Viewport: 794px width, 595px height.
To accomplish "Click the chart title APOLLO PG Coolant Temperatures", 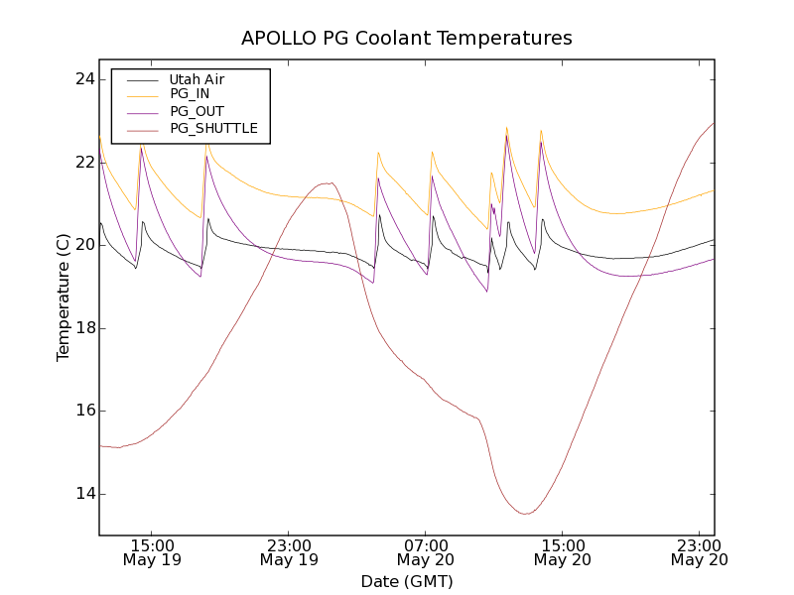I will [407, 39].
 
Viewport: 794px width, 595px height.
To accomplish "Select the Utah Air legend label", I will [197, 79].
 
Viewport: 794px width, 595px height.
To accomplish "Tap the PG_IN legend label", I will [190, 94].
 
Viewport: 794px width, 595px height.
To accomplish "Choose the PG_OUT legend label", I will [197, 111].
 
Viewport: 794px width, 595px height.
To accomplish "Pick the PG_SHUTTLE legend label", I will [213, 128].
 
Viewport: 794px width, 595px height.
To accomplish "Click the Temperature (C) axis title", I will [64, 297].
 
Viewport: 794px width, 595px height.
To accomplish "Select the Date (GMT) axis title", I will [407, 581].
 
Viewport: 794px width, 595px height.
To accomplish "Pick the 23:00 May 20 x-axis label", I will [700, 552].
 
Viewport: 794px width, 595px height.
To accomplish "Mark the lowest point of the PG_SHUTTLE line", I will [526, 514].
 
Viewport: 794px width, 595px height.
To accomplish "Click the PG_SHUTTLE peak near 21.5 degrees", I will [328, 183].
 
